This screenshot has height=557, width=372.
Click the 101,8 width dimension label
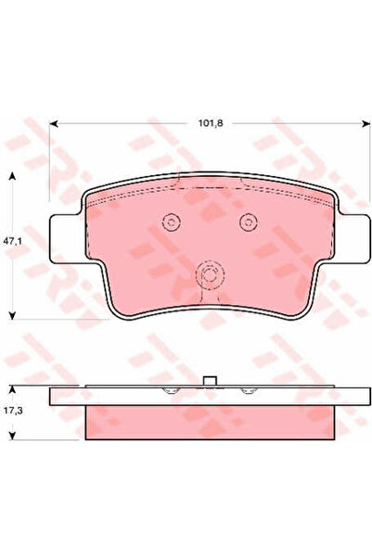point(211,123)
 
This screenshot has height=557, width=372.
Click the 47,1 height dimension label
point(13,241)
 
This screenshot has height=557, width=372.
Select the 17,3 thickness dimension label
point(13,411)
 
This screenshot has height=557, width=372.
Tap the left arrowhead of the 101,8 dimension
point(54,123)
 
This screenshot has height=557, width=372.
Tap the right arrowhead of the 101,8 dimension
point(366,123)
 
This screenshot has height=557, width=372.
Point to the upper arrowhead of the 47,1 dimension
point(12,176)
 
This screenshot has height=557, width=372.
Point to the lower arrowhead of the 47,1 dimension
point(12,315)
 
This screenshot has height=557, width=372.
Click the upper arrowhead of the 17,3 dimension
point(12,389)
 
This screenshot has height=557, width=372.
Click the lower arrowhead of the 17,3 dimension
point(12,436)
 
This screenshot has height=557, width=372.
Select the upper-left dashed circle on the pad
point(172,222)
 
